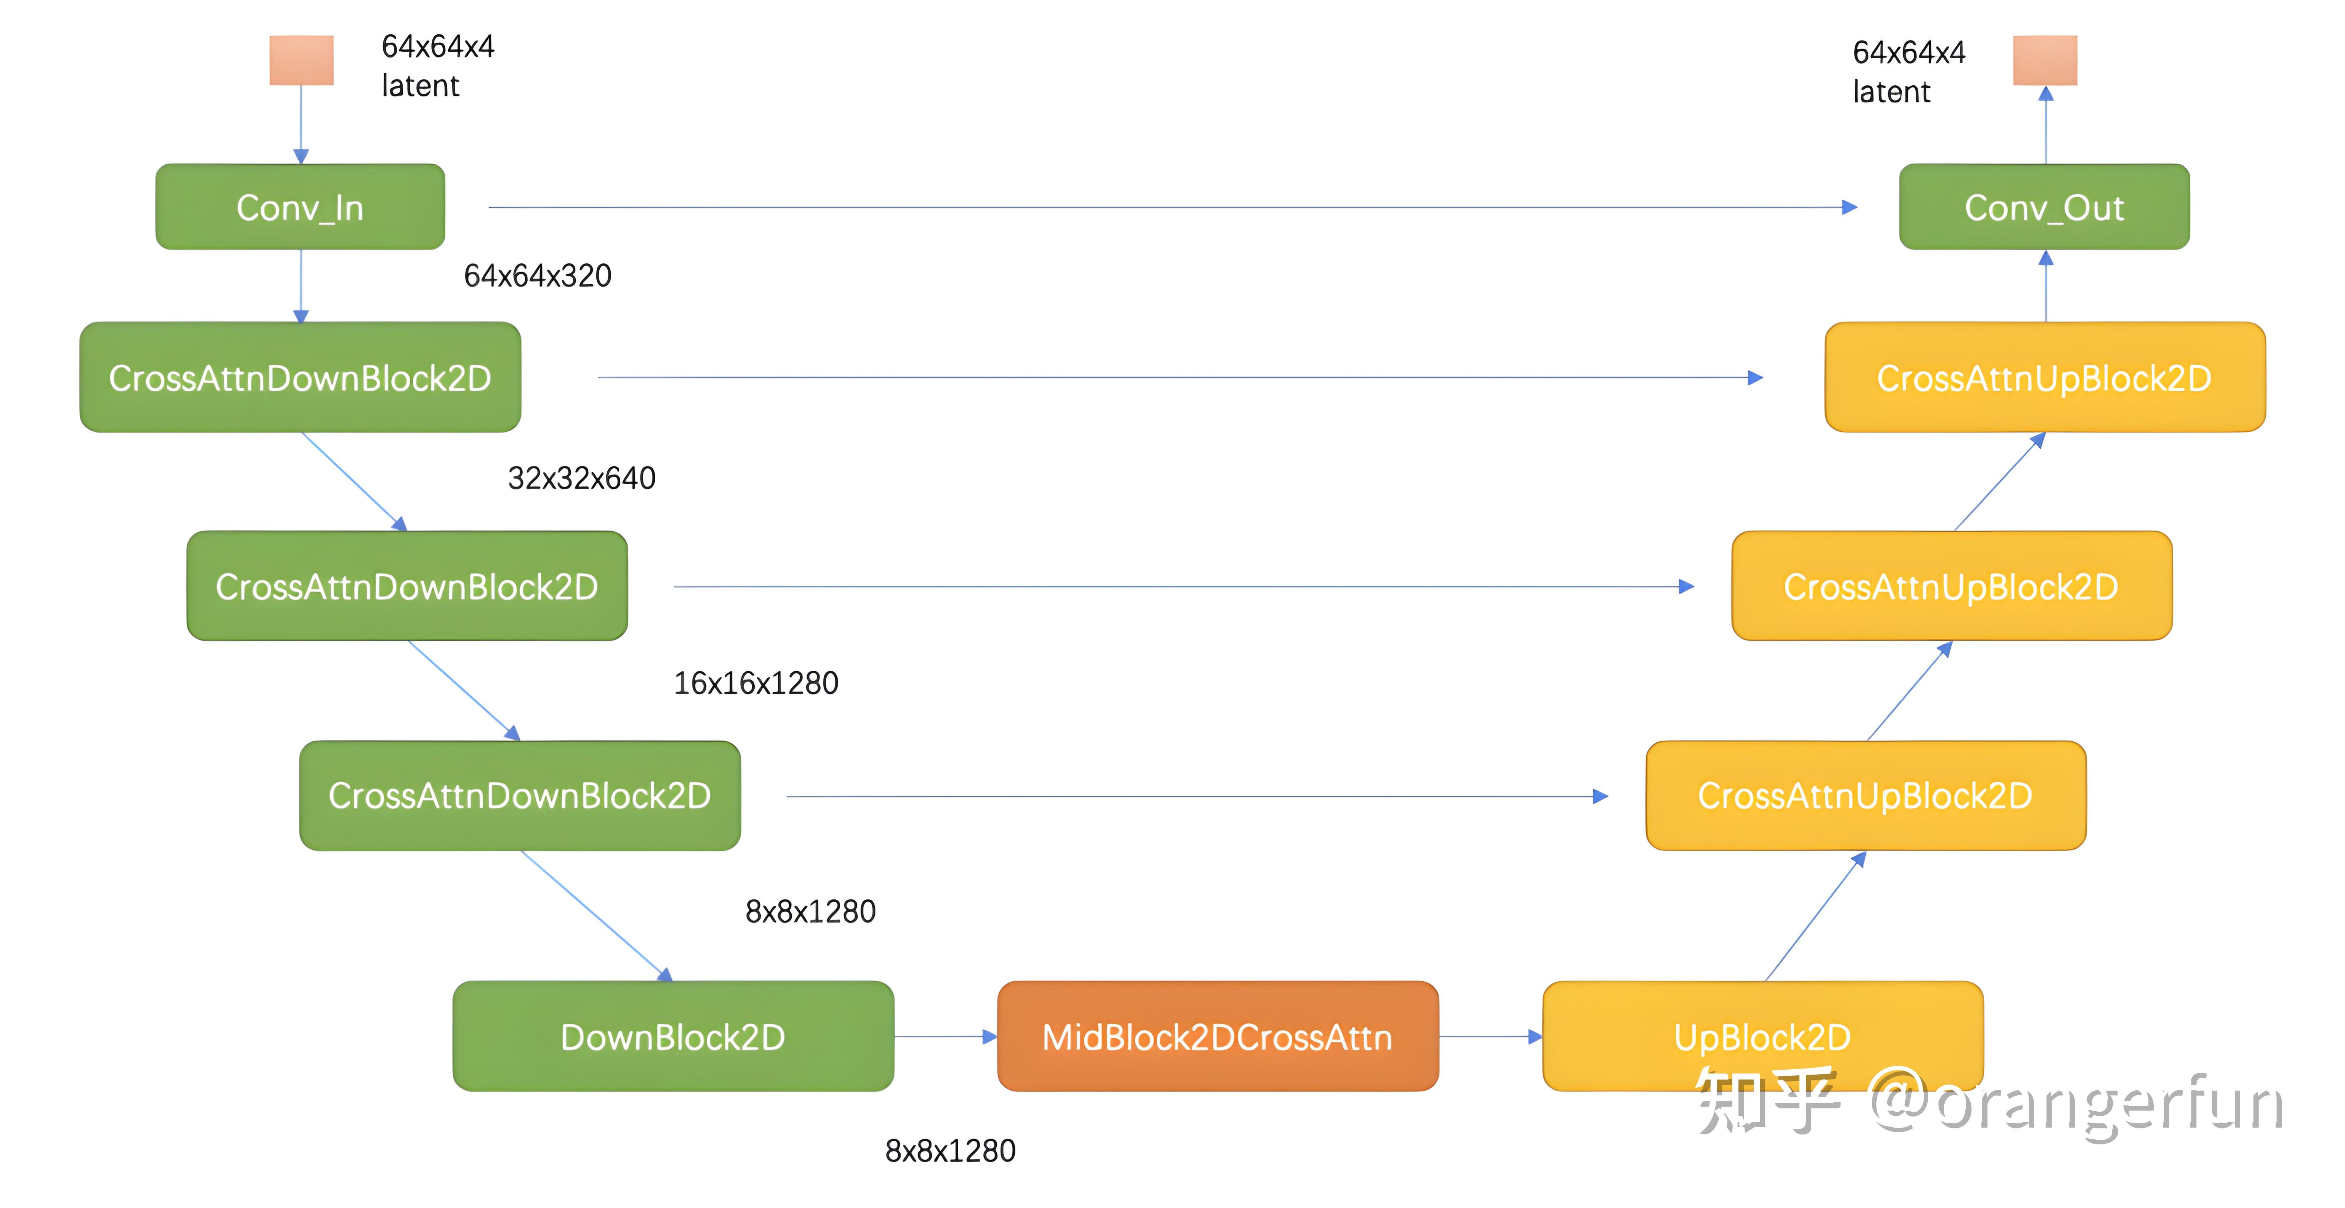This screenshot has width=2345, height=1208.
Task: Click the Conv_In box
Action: click(x=300, y=207)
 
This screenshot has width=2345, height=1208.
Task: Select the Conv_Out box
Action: click(x=2045, y=207)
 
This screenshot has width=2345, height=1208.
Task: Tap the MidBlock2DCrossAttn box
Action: click(x=1218, y=1036)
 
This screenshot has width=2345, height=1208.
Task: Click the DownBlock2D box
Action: click(x=674, y=1036)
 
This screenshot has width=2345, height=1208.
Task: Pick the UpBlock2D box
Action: click(x=1763, y=1036)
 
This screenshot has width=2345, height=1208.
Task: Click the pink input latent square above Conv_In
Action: click(x=301, y=60)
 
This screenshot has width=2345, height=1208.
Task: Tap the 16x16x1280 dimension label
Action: click(x=756, y=683)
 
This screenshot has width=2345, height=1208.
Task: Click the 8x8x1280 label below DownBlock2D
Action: click(x=950, y=1151)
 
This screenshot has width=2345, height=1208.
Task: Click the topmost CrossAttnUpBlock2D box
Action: click(x=2045, y=377)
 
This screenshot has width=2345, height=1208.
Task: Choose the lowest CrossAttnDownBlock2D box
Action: click(x=520, y=796)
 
